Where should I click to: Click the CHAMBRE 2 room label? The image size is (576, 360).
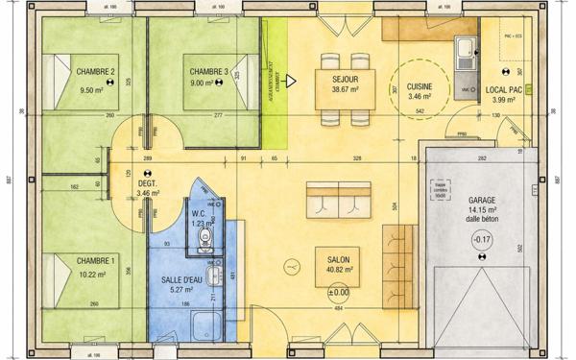click(x=96, y=71)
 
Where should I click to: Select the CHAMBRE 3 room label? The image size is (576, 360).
click(x=208, y=71)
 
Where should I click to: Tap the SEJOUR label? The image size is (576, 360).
click(x=346, y=79)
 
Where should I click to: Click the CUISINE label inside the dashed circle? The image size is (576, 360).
click(x=420, y=85)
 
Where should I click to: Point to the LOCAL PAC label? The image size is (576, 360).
click(x=504, y=89)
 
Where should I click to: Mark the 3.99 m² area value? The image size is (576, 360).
click(x=504, y=100)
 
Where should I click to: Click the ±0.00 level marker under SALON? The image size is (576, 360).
click(x=338, y=293)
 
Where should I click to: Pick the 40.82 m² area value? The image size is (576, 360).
click(x=338, y=271)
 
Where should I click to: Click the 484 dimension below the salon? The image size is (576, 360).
click(x=338, y=309)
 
